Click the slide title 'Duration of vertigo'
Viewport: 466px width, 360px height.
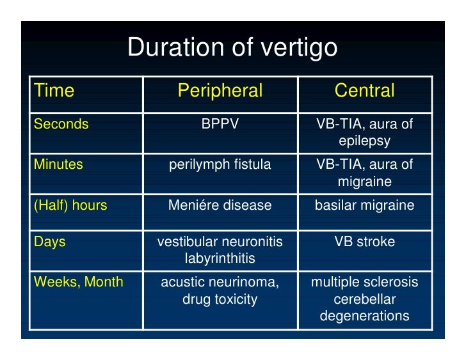[x=232, y=48]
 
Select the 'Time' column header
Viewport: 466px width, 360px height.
[x=54, y=91]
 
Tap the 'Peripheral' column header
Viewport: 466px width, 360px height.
[x=220, y=91]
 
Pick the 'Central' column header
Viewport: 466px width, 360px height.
[x=364, y=91]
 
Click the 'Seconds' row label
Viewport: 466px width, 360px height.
[x=61, y=124]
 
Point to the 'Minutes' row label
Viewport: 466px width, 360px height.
[x=58, y=164]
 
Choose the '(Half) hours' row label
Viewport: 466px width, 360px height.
[x=70, y=205]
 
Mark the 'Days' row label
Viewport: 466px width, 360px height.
[x=49, y=242]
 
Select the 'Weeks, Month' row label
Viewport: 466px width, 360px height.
[x=78, y=282]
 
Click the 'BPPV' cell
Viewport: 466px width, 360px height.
[x=220, y=124]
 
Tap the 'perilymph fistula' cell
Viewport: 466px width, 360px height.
[x=220, y=164]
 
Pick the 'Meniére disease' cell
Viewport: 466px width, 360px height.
[x=220, y=205]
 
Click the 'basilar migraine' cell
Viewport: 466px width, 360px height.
[x=364, y=205]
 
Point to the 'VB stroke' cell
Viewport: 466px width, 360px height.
[x=364, y=242]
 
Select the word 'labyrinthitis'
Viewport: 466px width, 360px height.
[x=220, y=259]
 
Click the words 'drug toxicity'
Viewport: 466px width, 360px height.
[x=220, y=299]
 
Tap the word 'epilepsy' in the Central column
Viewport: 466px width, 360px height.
[x=364, y=141]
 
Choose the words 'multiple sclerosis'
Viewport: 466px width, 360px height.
[x=364, y=282]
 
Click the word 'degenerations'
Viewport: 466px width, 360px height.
[x=364, y=315]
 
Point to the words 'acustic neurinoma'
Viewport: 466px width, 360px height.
[x=220, y=282]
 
